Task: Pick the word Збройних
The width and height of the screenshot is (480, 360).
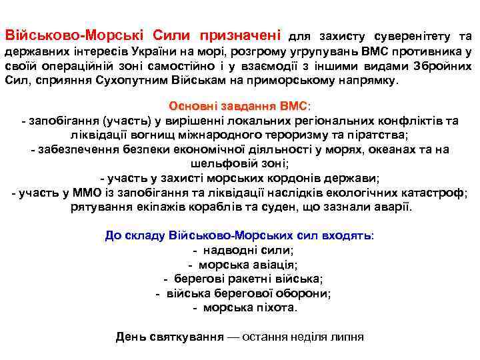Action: (442, 66)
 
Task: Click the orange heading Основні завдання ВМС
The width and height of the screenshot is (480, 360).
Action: (240, 106)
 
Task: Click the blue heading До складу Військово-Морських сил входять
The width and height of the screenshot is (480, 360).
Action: (240, 236)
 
